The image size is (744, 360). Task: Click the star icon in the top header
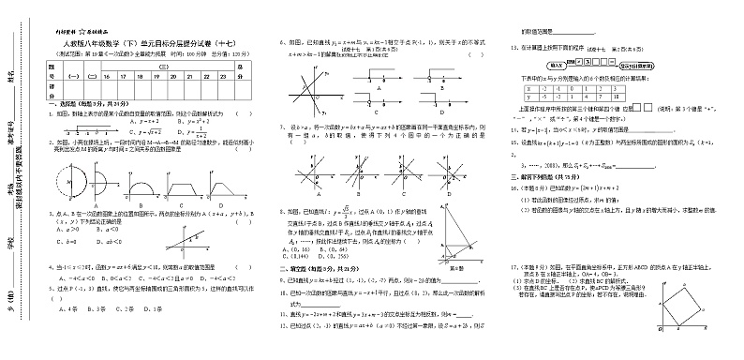click(85, 31)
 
